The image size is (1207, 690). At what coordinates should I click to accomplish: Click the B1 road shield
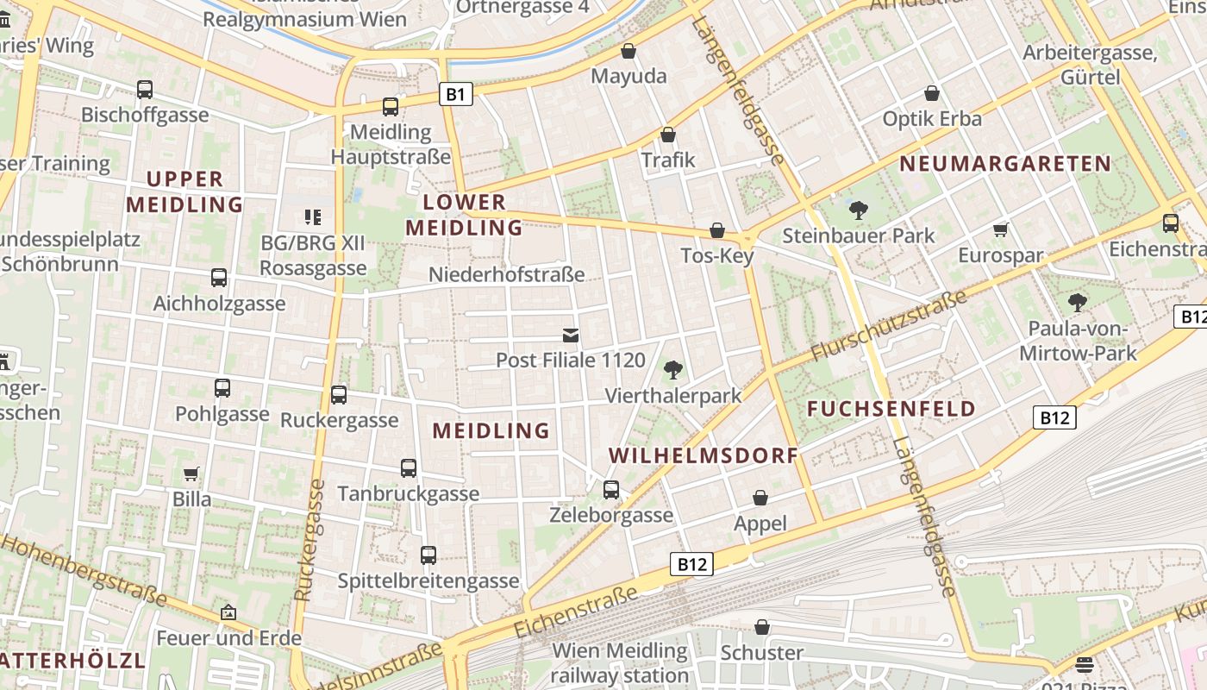pyautogui.click(x=456, y=93)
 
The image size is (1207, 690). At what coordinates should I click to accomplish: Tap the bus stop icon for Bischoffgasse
pyautogui.click(x=145, y=89)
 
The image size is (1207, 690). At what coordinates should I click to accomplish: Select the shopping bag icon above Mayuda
pyautogui.click(x=629, y=51)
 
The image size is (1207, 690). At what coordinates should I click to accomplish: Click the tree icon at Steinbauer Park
pyautogui.click(x=858, y=210)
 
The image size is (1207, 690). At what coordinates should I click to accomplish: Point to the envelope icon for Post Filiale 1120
pyautogui.click(x=570, y=335)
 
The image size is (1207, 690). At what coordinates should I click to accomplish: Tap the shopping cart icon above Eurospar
pyautogui.click(x=1000, y=229)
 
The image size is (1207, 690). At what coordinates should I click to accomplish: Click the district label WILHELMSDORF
pyautogui.click(x=703, y=455)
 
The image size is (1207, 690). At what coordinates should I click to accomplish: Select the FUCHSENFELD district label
pyautogui.click(x=891, y=409)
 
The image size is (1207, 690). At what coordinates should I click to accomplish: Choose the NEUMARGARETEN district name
pyautogui.click(x=1005, y=163)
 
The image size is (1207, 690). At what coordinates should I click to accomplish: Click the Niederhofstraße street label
pyautogui.click(x=507, y=275)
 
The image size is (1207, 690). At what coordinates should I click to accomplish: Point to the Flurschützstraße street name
pyautogui.click(x=889, y=326)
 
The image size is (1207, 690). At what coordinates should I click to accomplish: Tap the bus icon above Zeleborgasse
pyautogui.click(x=611, y=490)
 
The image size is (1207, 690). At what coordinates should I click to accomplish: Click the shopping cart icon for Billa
pyautogui.click(x=191, y=474)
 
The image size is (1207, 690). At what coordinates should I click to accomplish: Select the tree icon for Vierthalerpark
pyautogui.click(x=673, y=370)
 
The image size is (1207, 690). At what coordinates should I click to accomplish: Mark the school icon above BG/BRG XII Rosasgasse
pyautogui.click(x=313, y=217)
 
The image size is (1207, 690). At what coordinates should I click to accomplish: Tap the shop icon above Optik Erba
pyautogui.click(x=931, y=93)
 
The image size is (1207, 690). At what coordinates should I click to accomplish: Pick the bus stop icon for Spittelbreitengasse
pyautogui.click(x=428, y=555)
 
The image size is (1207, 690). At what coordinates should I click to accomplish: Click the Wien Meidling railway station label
pyautogui.click(x=620, y=662)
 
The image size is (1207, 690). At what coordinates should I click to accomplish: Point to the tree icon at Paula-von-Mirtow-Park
pyautogui.click(x=1077, y=303)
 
